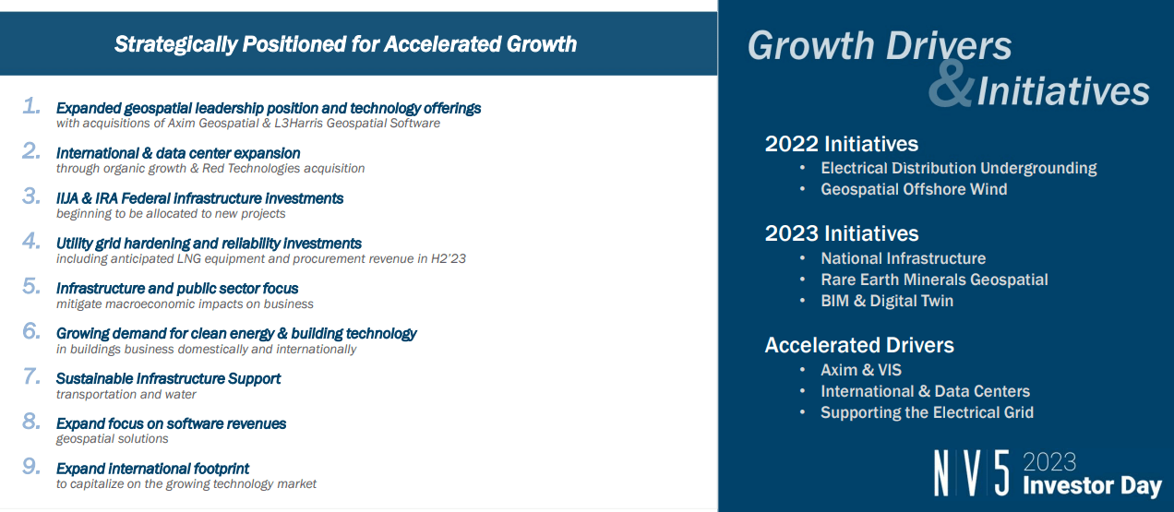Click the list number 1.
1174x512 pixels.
(x=31, y=107)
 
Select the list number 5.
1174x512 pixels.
(x=31, y=287)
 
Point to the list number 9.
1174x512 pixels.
(x=31, y=467)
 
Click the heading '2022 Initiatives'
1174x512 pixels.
(x=841, y=144)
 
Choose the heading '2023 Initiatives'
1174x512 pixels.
(x=841, y=233)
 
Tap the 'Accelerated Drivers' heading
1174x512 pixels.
(x=858, y=345)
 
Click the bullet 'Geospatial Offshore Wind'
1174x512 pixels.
(x=913, y=189)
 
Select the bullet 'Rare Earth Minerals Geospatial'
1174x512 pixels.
(x=934, y=280)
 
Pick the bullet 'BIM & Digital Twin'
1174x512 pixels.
(x=886, y=301)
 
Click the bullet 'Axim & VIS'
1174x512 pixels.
(x=860, y=370)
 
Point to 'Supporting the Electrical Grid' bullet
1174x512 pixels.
(x=927, y=412)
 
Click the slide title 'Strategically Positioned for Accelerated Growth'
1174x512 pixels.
(x=345, y=43)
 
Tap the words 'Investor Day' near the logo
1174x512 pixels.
(x=1091, y=485)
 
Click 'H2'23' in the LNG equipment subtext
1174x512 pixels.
(x=447, y=259)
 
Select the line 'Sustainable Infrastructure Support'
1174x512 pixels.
(x=168, y=378)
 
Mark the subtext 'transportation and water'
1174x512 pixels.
(x=126, y=394)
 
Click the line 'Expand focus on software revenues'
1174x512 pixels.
(x=171, y=423)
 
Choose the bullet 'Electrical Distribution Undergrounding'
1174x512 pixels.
(x=958, y=168)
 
